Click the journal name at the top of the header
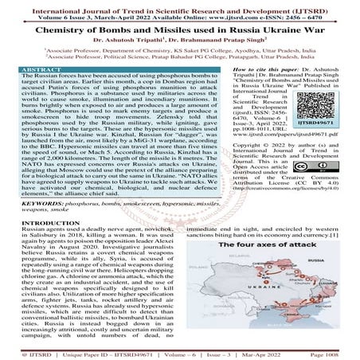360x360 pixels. (179, 6)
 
